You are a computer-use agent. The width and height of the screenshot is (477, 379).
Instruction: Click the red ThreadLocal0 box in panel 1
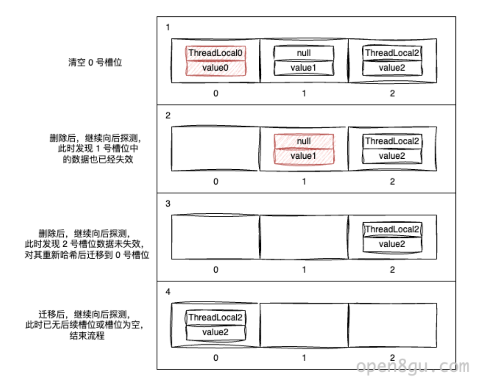point(216,53)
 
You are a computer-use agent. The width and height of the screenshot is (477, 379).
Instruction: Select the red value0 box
point(216,68)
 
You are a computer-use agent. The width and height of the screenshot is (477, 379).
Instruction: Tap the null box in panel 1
point(304,53)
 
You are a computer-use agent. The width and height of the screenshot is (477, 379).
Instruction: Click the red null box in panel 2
point(304,141)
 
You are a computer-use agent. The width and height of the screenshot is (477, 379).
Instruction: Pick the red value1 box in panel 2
point(304,156)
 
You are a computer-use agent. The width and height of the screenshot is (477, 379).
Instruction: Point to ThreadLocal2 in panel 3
point(392,229)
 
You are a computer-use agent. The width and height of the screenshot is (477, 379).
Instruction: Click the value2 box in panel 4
point(216,332)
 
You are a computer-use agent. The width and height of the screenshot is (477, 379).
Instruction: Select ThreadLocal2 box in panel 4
point(216,317)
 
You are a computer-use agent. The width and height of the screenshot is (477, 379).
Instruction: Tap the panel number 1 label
point(168,27)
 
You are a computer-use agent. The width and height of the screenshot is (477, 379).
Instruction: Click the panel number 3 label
point(168,204)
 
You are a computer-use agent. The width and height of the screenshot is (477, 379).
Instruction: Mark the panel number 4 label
point(168,292)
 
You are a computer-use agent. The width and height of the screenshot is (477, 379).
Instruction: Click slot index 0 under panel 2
point(216,182)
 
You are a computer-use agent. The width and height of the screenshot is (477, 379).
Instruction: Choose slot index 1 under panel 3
point(304,270)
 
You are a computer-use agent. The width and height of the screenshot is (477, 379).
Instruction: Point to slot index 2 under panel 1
point(392,93)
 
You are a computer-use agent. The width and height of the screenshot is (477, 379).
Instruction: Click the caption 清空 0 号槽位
point(95,63)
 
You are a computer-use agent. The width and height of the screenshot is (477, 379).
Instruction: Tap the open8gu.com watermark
point(413,366)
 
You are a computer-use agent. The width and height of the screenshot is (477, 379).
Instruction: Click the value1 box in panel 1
point(304,68)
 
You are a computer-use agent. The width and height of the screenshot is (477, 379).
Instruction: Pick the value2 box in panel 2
point(392,156)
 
